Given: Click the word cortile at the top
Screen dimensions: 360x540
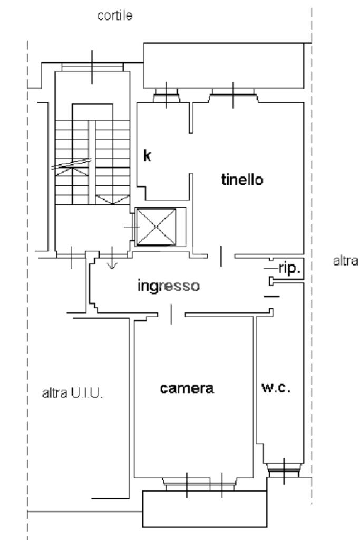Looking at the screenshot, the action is tap(115, 16).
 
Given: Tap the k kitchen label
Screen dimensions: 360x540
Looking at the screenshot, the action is tap(147, 155).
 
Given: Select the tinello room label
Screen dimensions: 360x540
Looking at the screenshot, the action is tap(242, 180).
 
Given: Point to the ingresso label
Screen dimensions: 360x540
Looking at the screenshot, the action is tap(169, 286).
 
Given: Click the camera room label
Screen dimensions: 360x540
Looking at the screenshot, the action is tap(187, 388).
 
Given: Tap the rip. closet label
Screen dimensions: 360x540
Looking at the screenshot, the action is tap(289, 268).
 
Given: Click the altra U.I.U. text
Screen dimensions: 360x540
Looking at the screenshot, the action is tap(72, 393).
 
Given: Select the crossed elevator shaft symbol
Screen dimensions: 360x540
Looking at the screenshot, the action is tap(157, 227).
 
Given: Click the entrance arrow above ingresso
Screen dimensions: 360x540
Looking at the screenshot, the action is tap(112, 258).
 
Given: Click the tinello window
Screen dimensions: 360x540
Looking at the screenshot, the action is tap(233, 95).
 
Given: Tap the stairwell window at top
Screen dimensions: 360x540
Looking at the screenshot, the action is tap(92, 67).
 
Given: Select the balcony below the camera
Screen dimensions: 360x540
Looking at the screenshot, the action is tap(205, 509).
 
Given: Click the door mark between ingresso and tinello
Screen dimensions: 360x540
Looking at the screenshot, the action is tap(221, 256).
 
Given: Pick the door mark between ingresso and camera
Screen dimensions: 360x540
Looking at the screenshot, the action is tap(171, 315).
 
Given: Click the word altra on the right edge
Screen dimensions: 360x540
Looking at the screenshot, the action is tap(346, 261).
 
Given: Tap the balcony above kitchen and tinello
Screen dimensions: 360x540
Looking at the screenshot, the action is tap(223, 65).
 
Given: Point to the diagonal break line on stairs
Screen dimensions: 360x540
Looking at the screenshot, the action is tap(71, 164).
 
